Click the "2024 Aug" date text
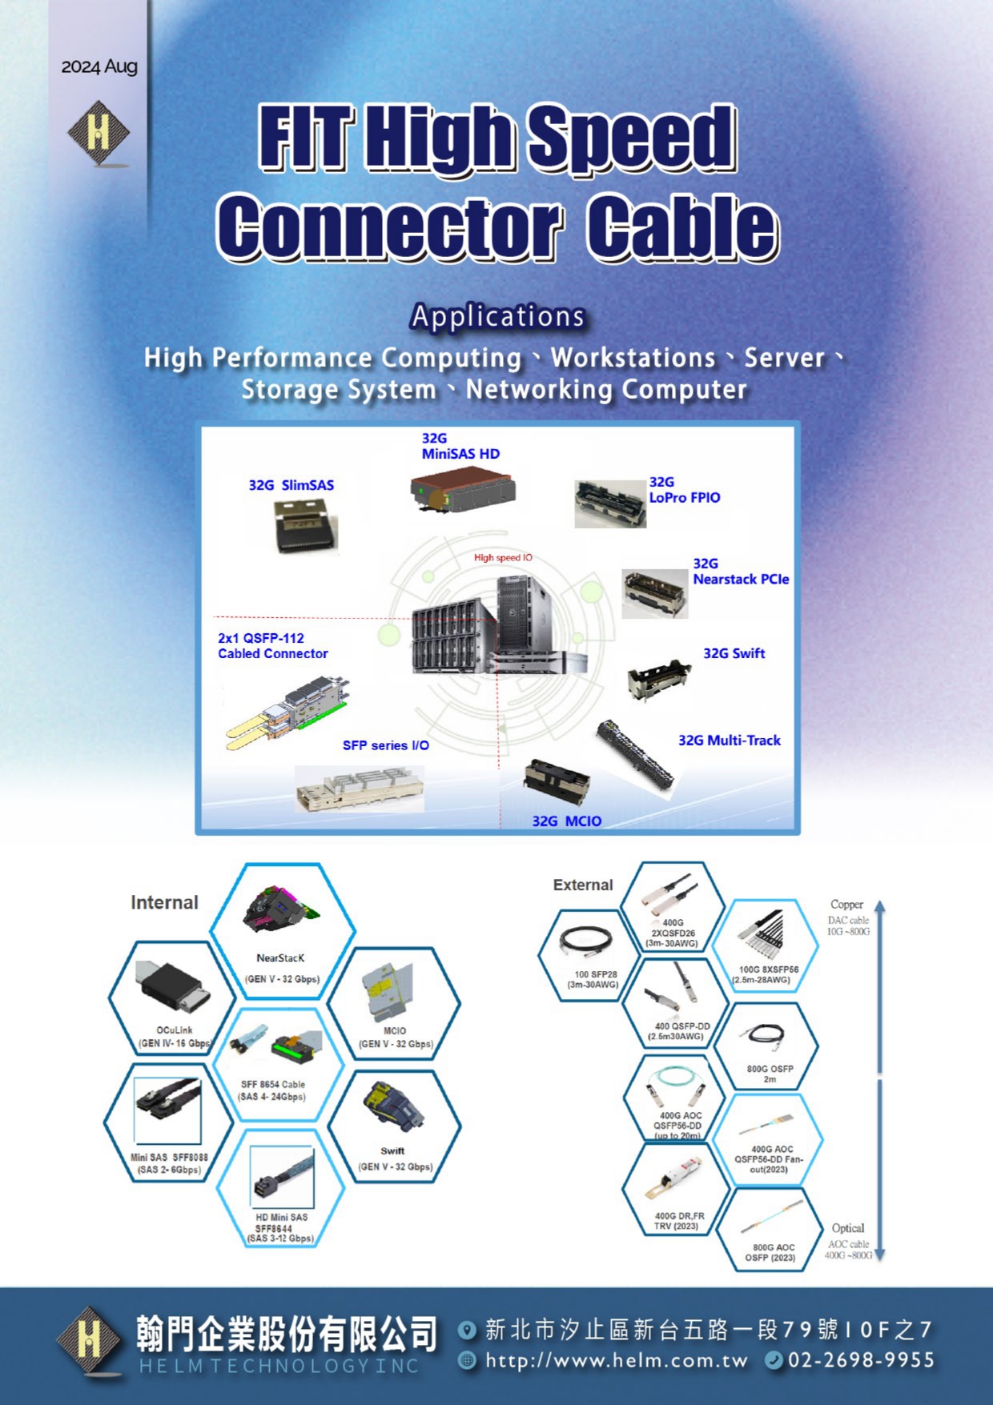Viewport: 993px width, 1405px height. point(99,66)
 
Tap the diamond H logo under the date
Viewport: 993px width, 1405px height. point(98,133)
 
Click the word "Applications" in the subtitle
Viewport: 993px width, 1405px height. point(497,316)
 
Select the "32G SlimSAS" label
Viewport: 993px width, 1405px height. point(291,485)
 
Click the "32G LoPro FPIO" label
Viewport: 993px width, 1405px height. point(684,490)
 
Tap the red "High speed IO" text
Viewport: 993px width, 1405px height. point(503,557)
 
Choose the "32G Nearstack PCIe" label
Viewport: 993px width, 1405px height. point(740,572)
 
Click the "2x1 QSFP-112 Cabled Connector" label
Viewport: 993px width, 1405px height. point(272,646)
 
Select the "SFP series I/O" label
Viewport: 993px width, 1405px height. point(385,745)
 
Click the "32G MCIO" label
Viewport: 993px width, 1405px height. point(566,821)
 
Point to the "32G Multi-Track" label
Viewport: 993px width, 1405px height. point(729,741)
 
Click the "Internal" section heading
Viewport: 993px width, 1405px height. point(164,902)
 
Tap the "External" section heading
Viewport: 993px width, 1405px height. point(582,885)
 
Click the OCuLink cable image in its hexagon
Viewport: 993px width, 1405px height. point(175,987)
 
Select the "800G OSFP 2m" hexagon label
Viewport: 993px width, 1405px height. point(770,1074)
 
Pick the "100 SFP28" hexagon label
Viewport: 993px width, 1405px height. point(593,980)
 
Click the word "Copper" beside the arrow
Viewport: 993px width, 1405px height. point(846,904)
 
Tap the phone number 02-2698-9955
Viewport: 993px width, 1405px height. point(861,1360)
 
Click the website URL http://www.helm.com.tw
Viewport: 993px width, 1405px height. point(616,1360)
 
